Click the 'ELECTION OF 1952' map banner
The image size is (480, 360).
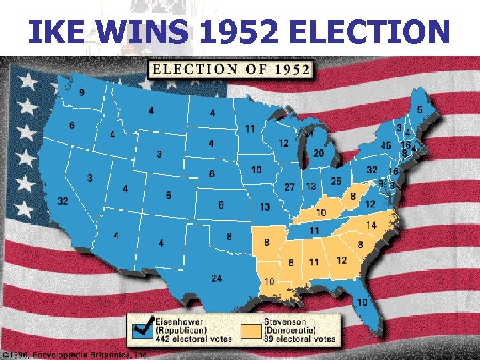pos(231,69)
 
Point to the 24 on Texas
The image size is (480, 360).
pos(216,278)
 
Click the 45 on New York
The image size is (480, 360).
pos(385,145)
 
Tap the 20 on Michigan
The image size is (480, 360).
pos(319,153)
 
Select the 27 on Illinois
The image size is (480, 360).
pos(289,187)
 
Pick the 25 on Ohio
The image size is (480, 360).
pos(336,181)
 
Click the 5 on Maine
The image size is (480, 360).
pos(419,109)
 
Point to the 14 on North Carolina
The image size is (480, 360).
pos(371,226)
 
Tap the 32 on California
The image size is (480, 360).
pos(63,201)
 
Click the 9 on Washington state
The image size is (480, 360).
pos(81,93)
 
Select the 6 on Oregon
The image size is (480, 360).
pos(71,125)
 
